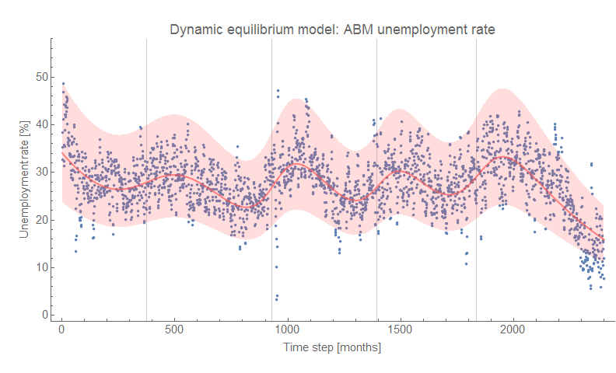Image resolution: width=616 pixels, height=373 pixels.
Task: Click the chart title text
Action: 332,30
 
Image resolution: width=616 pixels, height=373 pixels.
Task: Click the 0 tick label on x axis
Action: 61,331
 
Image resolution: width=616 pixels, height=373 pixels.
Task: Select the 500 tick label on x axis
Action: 174,331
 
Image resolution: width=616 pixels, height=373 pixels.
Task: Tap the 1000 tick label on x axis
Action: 287,331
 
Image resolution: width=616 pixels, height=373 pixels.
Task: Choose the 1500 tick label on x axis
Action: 400,331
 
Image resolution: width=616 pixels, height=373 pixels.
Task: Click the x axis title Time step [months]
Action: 332,347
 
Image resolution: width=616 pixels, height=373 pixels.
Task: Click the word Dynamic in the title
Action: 195,30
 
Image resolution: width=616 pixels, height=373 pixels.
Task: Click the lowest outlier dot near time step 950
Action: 275,299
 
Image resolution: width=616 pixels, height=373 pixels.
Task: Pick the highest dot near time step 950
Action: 277,91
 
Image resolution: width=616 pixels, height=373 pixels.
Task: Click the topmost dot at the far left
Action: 63,84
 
